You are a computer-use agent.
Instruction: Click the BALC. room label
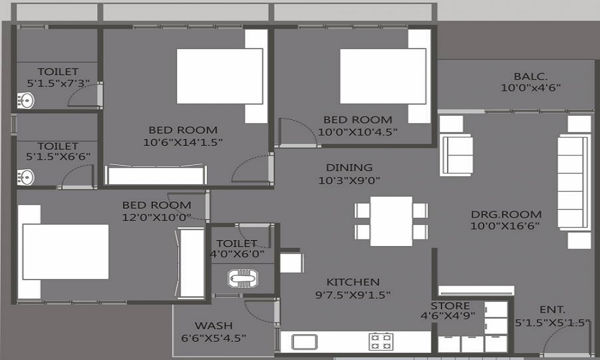pos(530,76)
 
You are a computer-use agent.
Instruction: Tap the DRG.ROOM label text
pos(506,214)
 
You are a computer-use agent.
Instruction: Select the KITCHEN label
pos(353,282)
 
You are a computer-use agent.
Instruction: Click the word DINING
pos(349,167)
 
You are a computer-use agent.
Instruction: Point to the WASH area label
pos(214,326)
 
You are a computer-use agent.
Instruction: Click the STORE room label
pos(450,306)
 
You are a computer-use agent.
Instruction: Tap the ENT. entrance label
pos(552,310)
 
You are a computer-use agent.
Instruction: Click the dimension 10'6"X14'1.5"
pos(183,142)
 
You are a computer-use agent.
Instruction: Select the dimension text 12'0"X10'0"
pos(156,217)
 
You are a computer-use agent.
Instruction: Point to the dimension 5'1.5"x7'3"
pos(58,83)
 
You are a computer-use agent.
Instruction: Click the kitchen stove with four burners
pos(381,341)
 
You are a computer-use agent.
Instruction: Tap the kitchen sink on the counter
pos(304,341)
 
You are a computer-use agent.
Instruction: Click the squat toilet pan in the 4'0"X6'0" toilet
pos(242,278)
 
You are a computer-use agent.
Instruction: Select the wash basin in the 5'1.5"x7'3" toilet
pos(26,101)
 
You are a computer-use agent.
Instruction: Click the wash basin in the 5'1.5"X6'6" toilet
pos(26,178)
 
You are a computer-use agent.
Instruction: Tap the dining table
pos(391,221)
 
